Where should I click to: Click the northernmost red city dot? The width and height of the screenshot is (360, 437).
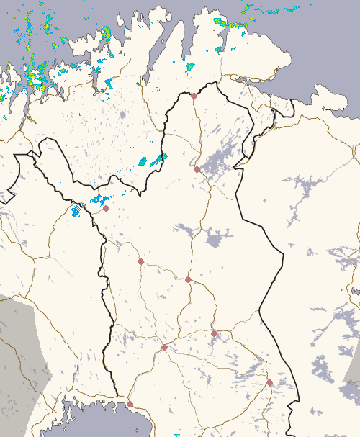click(194, 96)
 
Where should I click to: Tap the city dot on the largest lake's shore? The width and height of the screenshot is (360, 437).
click(197, 169)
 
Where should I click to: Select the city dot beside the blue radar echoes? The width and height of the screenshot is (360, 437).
click(106, 208)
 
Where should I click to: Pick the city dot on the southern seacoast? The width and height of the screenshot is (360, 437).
click(130, 404)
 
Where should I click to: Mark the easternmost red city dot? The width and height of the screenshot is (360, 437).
click(269, 382)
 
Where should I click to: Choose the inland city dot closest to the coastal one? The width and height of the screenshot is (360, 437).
click(164, 347)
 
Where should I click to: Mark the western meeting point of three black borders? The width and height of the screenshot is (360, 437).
click(32, 153)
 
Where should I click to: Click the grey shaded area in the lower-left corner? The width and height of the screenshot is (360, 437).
click(22, 346)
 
